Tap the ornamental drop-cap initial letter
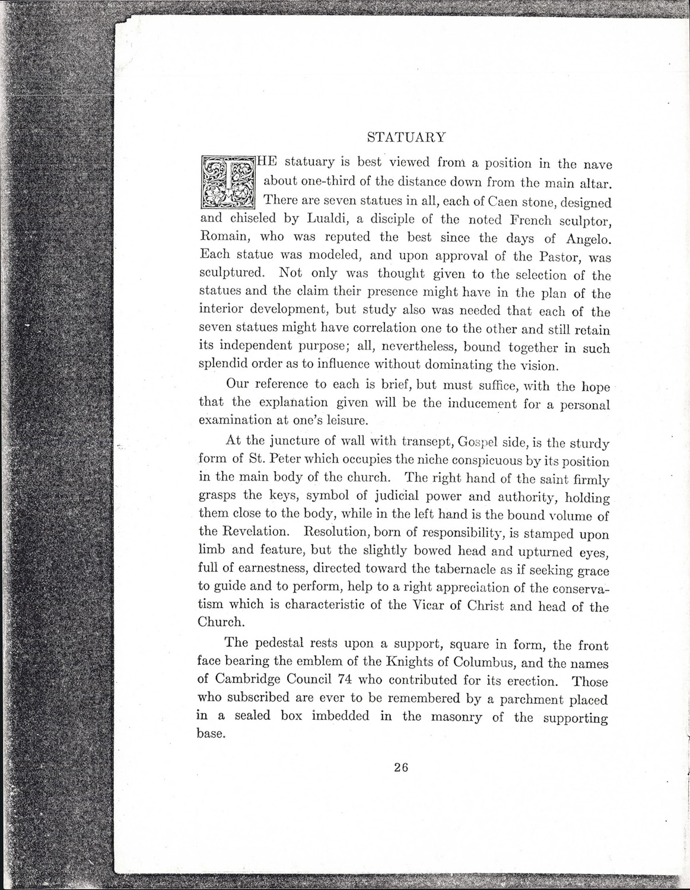pyautogui.click(x=228, y=182)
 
